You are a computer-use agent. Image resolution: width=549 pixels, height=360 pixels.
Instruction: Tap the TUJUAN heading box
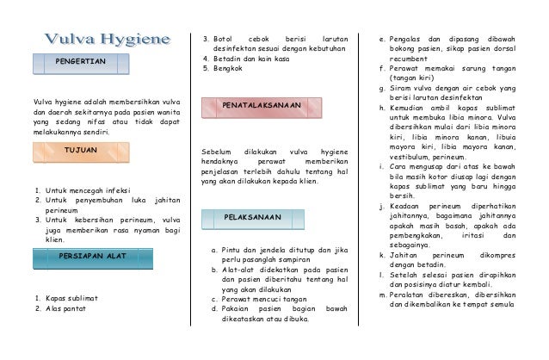[x=81, y=150]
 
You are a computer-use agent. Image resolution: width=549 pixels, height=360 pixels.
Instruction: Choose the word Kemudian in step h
[x=409, y=108]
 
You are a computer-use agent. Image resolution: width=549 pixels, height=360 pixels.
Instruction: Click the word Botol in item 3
[x=224, y=39]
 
